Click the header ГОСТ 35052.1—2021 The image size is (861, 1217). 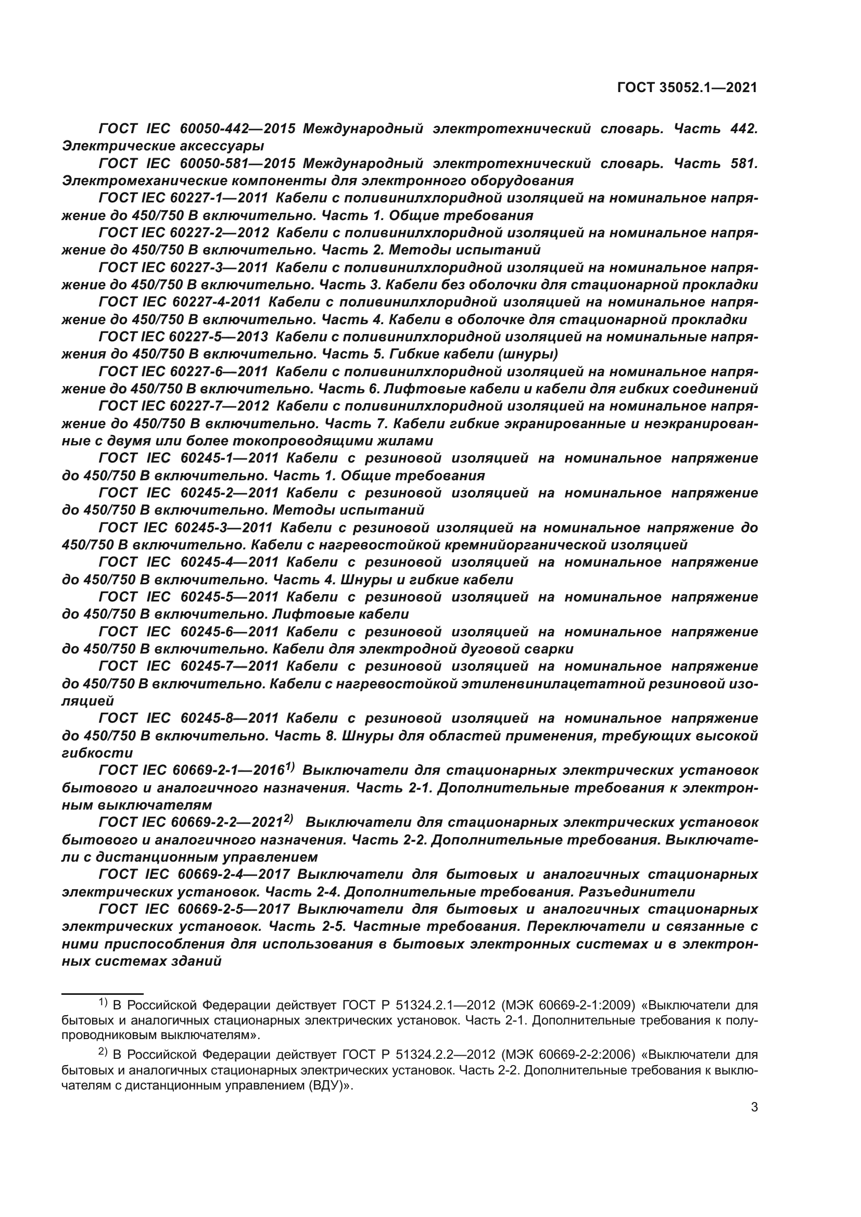coord(687,87)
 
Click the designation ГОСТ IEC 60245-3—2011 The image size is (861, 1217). coord(185,528)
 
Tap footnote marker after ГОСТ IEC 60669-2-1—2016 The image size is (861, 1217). coord(289,766)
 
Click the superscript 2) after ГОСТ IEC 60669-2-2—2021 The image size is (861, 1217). coord(288,818)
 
